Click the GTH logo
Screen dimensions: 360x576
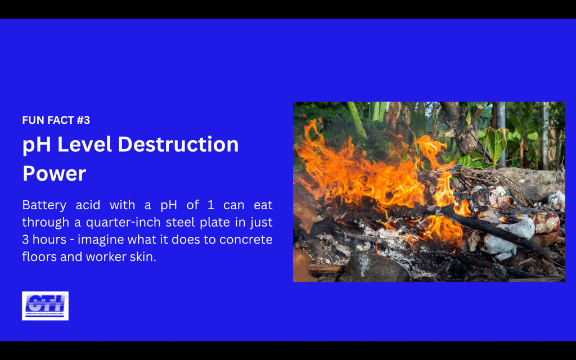(x=45, y=305)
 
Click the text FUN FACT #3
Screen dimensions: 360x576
(x=56, y=120)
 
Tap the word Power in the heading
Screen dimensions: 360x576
(x=54, y=173)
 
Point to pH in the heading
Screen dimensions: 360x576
(x=35, y=145)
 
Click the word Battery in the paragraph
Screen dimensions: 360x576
(x=43, y=204)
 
